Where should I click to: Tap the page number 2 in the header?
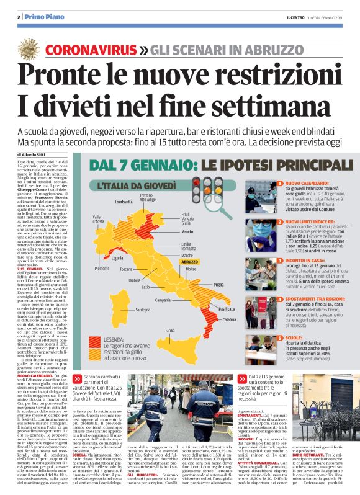click(x=19, y=16)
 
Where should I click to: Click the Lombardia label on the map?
click(x=124, y=202)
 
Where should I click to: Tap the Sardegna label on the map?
click(x=143, y=308)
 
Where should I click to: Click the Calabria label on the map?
click(x=229, y=319)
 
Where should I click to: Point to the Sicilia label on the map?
click(x=169, y=331)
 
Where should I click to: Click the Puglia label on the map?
click(x=218, y=284)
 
